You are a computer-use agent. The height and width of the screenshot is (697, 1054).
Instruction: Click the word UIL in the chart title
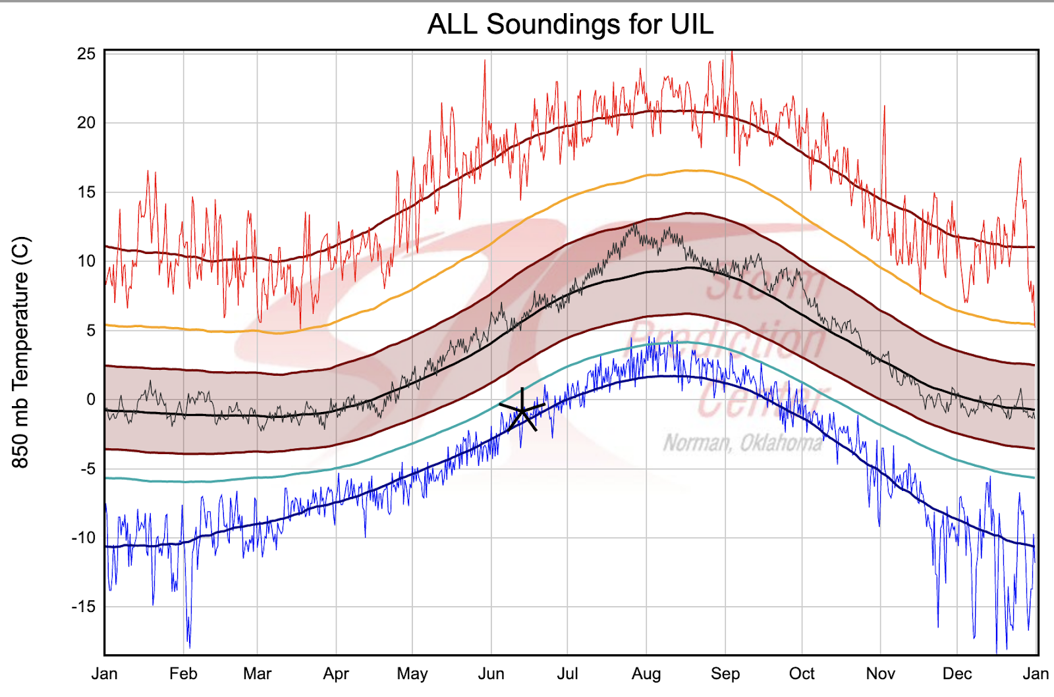coord(692,25)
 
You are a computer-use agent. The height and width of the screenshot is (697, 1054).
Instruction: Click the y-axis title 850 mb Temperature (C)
coord(21,352)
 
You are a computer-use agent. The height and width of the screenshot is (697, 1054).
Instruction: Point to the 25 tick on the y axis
coord(86,54)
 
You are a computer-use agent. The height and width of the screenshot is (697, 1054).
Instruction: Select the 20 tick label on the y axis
coord(86,122)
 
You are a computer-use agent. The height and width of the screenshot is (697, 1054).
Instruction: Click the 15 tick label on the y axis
coord(86,192)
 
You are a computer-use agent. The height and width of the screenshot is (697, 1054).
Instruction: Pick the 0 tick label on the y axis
coord(91,400)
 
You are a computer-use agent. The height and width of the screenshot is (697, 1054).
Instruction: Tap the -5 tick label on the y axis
coord(88,469)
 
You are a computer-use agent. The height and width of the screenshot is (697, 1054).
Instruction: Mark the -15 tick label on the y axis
coord(84,606)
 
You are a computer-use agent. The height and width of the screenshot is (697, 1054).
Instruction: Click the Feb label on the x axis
coord(183,674)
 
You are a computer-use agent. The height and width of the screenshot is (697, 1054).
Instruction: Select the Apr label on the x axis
coord(336,674)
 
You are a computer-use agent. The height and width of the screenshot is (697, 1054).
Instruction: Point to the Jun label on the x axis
coord(491,674)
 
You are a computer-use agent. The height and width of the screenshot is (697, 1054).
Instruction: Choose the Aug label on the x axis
coord(646,674)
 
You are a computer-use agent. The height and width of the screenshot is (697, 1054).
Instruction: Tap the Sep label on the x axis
coord(725,674)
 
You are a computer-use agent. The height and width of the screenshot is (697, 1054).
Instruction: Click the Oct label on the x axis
coord(802,674)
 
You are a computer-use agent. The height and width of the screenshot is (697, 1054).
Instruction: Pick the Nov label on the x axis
coord(881,674)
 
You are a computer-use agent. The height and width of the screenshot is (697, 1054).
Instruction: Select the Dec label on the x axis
coord(957,674)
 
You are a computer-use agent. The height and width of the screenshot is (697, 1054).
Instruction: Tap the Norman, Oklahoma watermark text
coord(742,443)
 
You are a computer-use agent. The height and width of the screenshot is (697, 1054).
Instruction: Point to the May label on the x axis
coord(412,674)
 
